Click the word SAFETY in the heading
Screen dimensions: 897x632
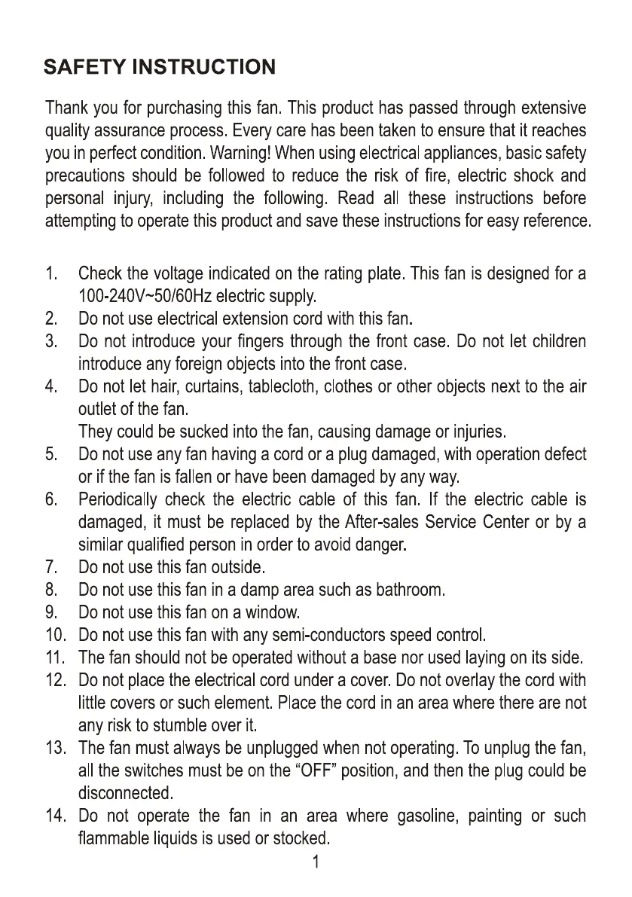84,68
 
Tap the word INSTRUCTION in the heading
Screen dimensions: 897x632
203,68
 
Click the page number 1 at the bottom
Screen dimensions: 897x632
316,862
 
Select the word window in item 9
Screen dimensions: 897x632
275,612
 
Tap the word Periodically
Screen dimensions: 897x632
118,499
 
